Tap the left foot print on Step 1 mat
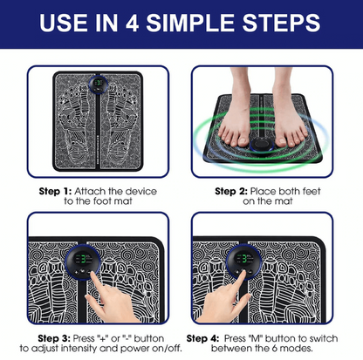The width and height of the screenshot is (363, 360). coord(76,126)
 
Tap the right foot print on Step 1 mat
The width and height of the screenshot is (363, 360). coord(121,126)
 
